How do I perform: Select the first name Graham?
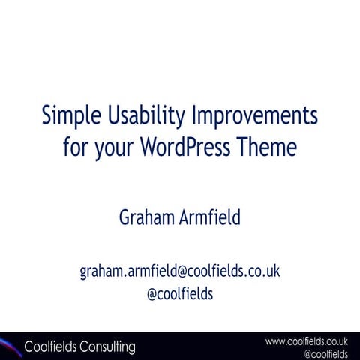[x=146, y=217]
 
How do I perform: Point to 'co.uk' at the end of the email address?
[x=262, y=271]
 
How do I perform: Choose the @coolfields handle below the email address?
[x=180, y=294]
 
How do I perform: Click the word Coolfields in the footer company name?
[x=51, y=346]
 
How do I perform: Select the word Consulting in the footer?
[x=108, y=347]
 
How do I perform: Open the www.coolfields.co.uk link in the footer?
[x=306, y=341]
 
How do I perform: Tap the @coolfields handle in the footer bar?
[x=325, y=353]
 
